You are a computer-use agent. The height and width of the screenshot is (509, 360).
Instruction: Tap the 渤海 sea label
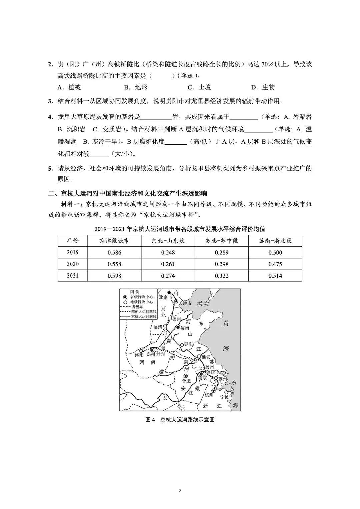pos(203,303)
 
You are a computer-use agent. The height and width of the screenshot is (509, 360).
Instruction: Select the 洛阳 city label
pos(140,355)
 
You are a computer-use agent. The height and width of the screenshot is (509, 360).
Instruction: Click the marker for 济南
pos(178,327)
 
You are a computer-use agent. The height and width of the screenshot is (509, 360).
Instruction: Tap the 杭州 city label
pos(209,395)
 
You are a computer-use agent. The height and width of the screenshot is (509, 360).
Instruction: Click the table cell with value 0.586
pos(114,252)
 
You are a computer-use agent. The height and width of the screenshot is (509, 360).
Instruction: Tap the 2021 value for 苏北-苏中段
pos(222,276)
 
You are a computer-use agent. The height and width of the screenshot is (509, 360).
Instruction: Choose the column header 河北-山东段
pos(168,241)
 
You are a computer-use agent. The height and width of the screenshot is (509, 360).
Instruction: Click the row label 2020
pos(73,264)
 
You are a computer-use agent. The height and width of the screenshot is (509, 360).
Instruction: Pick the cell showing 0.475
pos(275,264)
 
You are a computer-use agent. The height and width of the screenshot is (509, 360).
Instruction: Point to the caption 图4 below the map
pos(150,420)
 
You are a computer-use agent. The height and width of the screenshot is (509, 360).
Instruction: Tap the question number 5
pos(50,168)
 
